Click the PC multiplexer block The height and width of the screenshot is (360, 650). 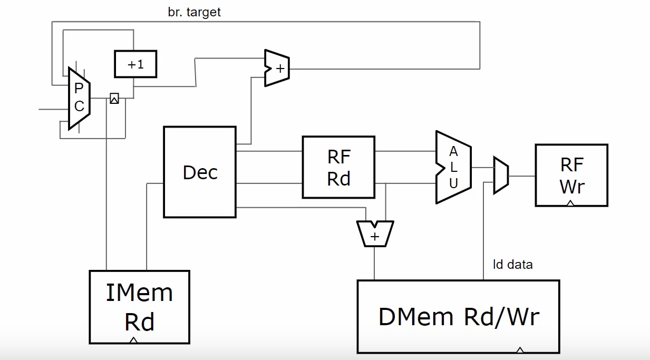(79, 98)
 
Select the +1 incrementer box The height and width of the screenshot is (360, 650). (136, 64)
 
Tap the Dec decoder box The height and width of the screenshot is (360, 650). (200, 172)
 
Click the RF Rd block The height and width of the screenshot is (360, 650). (338, 168)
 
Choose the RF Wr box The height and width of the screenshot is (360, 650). (571, 175)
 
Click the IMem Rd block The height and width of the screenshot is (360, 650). (139, 307)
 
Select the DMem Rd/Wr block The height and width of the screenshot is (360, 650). (458, 316)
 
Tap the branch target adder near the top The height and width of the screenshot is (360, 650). (277, 68)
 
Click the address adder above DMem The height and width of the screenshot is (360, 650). (375, 233)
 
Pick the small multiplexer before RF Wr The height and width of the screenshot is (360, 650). (501, 175)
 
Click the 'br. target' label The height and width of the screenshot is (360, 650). (194, 12)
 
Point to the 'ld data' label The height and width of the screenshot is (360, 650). (512, 264)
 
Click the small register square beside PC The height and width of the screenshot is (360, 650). (114, 98)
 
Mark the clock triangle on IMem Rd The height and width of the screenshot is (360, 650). (133, 340)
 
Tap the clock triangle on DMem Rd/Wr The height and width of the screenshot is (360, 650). (520, 350)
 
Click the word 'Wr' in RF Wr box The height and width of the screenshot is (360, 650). (572, 186)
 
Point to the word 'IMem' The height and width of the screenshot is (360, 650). (139, 293)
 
